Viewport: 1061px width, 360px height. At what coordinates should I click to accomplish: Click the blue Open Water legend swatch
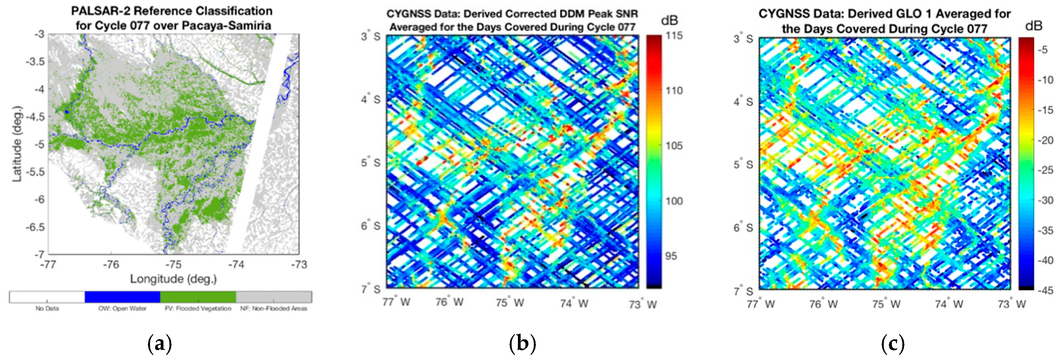click(122, 297)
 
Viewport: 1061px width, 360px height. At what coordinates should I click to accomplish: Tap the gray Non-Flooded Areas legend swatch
click(274, 297)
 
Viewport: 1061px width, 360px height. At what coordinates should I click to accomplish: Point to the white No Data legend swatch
click(47, 297)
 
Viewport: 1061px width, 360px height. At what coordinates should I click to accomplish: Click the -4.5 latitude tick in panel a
click(35, 117)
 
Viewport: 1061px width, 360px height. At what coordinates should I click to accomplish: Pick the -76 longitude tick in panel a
click(110, 265)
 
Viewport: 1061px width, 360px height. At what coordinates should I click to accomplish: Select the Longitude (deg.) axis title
click(173, 279)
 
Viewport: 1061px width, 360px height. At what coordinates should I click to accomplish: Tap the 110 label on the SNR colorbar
click(674, 91)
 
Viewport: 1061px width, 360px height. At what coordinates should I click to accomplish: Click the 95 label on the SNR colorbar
click(671, 256)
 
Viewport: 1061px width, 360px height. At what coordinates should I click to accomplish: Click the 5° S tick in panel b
click(370, 163)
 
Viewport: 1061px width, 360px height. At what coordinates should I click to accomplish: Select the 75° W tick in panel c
click(886, 304)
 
